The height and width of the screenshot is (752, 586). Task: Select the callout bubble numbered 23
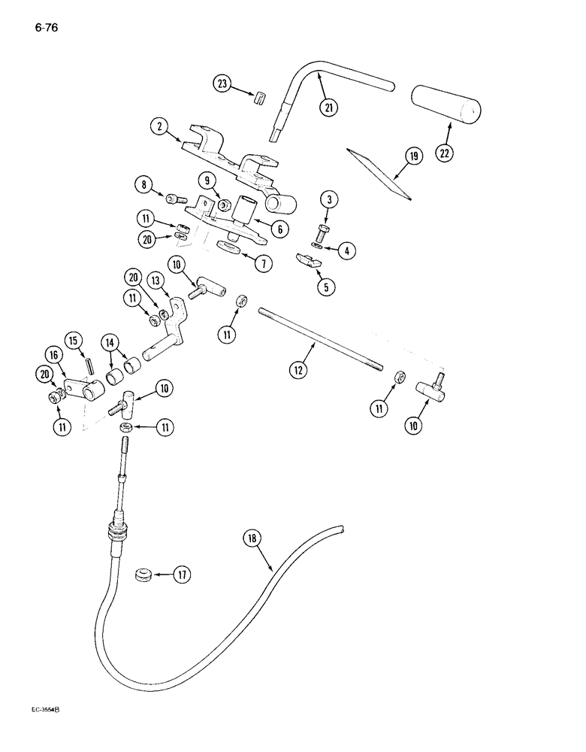tap(222, 84)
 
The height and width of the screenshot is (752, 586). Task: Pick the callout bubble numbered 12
tap(300, 368)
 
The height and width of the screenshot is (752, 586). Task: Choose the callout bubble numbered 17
tap(180, 575)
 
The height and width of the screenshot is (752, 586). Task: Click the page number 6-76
tap(46, 29)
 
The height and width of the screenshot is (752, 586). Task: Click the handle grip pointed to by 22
tap(447, 102)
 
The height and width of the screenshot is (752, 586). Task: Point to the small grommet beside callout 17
tap(141, 576)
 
